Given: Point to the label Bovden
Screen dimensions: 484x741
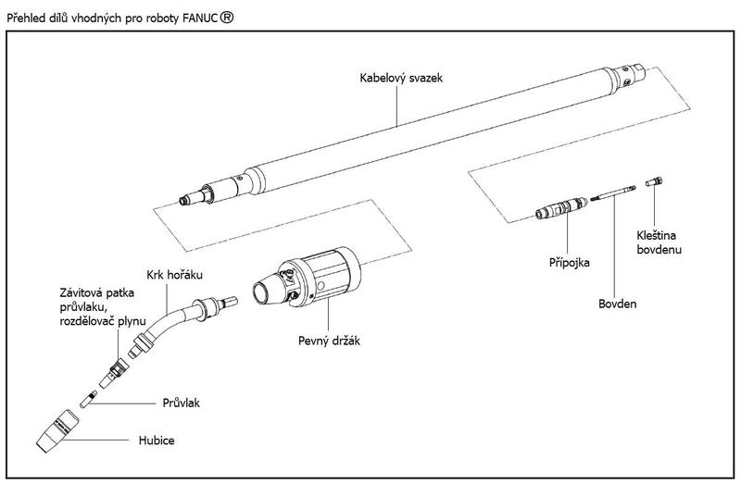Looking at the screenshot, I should (x=618, y=303).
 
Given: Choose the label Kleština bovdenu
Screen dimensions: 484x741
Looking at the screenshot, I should (x=659, y=242).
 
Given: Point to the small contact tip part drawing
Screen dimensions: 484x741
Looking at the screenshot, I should (x=90, y=400).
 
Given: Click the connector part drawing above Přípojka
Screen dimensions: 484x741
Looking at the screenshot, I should (x=561, y=208).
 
